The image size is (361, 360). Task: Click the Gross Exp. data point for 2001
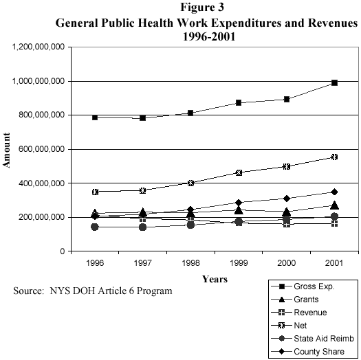[334, 82]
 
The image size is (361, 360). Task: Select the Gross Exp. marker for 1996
[95, 117]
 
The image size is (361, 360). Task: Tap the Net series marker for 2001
[334, 157]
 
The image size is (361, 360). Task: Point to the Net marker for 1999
[239, 172]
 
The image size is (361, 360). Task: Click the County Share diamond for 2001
[334, 192]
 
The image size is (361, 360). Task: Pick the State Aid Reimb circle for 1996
[95, 227]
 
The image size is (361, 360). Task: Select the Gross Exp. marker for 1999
[239, 102]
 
